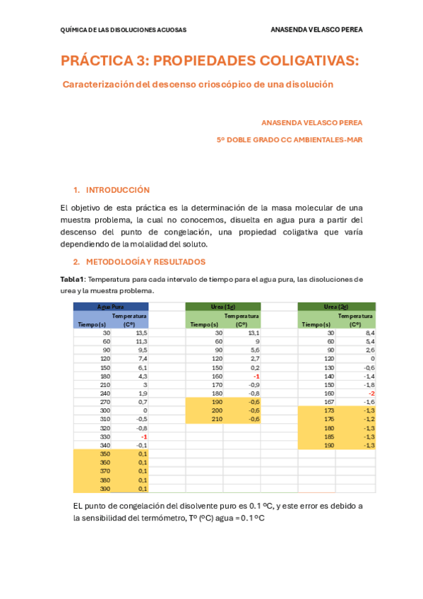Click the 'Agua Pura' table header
click(x=110, y=307)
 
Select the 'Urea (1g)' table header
click(x=222, y=307)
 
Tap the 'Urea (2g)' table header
click(x=335, y=307)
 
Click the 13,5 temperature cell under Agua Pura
click(x=141, y=332)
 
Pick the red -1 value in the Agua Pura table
click(x=143, y=437)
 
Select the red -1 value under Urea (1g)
click(x=256, y=376)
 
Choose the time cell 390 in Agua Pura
click(x=105, y=488)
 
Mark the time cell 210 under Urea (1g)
click(x=217, y=419)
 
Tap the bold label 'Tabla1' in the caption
click(x=72, y=279)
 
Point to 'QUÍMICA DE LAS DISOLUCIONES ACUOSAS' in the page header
click(x=124, y=30)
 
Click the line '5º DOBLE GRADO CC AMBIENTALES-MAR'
click(x=290, y=140)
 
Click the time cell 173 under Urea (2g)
click(x=328, y=410)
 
